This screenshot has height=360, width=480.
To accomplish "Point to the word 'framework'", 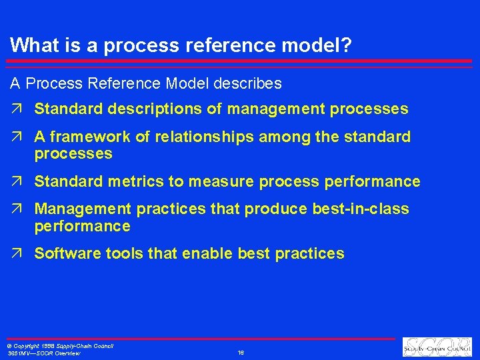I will (83, 137).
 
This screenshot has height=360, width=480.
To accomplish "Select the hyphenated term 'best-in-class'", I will (360, 209).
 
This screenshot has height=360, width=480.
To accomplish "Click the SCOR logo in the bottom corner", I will (437, 347).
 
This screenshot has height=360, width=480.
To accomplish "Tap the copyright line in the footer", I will (60, 346).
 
